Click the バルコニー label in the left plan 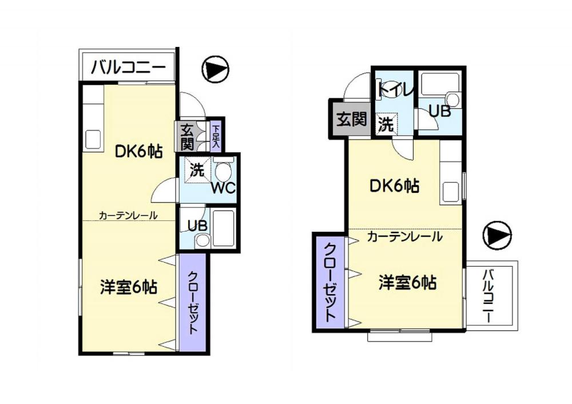pos(128,68)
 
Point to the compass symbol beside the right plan pos(497,235)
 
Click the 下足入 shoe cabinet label pos(216,137)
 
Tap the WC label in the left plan pos(223,188)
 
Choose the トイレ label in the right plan pos(396,89)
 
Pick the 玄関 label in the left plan pos(187,137)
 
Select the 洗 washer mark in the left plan pos(198,170)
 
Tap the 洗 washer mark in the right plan pos(386,124)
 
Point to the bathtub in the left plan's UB pos(223,228)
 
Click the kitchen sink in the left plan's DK pos(93,140)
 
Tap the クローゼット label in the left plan pos(193,302)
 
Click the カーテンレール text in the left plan pos(128,215)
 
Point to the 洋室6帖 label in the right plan pos(407,283)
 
